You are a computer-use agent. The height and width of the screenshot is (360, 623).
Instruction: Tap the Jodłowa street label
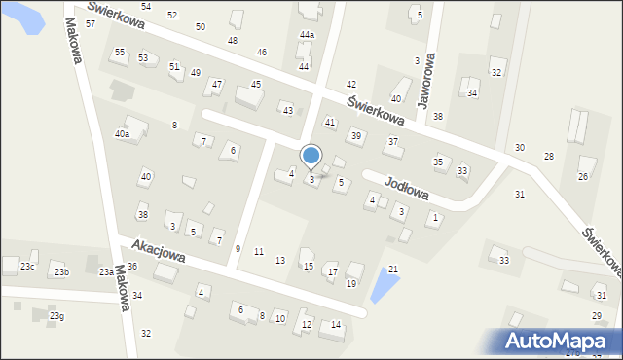click(407, 183)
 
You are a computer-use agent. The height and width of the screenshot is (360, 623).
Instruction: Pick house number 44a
click(307, 35)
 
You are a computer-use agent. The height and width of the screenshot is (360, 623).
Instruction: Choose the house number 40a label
click(122, 134)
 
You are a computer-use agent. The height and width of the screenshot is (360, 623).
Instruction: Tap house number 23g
click(57, 316)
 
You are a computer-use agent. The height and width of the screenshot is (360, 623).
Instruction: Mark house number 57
click(91, 23)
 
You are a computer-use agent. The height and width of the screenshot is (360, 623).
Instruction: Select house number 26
click(583, 176)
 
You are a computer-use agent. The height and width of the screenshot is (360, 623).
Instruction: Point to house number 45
click(256, 85)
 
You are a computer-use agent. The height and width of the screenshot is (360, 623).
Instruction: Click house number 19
click(350, 283)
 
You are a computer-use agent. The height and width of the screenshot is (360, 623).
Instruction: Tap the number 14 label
click(336, 324)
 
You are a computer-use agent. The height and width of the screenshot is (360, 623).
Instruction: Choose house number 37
click(393, 142)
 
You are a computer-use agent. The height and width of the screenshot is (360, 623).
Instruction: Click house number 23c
click(28, 267)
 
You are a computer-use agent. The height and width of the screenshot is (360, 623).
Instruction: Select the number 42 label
click(351, 86)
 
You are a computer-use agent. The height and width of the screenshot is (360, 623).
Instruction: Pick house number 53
click(143, 58)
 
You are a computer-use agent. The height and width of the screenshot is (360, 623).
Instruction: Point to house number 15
click(309, 266)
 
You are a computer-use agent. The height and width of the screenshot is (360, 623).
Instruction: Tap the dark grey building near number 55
click(124, 91)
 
